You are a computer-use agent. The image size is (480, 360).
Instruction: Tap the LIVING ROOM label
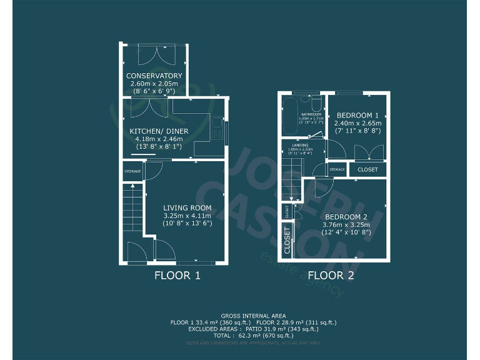tap(187, 208)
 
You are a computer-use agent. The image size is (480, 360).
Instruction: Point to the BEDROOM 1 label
tap(357, 116)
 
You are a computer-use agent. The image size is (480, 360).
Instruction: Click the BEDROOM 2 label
tap(346, 217)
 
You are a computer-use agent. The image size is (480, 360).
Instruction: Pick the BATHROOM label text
tap(311, 115)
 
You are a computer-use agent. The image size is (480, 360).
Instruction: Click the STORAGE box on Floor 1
tap(132, 171)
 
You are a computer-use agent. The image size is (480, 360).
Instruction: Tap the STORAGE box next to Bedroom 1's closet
tap(337, 169)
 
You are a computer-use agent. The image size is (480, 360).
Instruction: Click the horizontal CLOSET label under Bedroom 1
tap(367, 169)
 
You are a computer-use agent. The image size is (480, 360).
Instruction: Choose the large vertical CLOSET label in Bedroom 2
tap(287, 240)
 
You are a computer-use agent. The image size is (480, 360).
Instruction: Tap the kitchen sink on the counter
tap(215, 129)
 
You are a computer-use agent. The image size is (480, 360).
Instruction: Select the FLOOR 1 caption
tap(177, 275)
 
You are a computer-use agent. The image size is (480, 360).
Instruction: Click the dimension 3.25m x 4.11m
tap(187, 216)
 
